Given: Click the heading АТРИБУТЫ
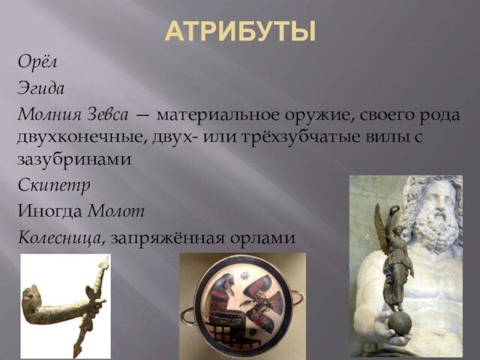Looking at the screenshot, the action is [x=240, y=31].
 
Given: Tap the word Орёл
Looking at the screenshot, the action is [x=37, y=61].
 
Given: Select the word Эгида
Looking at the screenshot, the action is [x=41, y=88].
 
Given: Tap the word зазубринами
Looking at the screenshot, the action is [x=74, y=159].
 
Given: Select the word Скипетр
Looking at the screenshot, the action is [x=54, y=186].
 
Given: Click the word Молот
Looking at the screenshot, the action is [x=116, y=211].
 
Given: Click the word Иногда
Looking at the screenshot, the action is [x=50, y=211].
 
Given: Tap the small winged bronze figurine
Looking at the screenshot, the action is [x=395, y=260].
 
